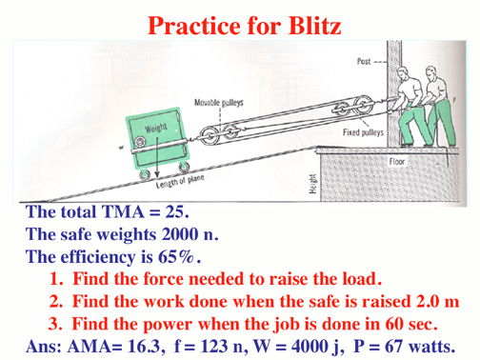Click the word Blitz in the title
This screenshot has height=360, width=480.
click(314, 26)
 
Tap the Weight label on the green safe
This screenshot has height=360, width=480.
click(156, 129)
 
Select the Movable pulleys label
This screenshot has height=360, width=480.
click(219, 103)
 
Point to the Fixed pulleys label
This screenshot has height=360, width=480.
click(363, 132)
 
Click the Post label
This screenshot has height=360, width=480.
click(364, 61)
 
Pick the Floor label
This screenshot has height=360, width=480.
click(397, 162)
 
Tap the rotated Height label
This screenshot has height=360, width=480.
click(312, 184)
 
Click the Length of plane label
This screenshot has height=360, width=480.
click(180, 181)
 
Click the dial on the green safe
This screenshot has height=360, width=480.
click(139, 142)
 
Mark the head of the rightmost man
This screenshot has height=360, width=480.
click(431, 72)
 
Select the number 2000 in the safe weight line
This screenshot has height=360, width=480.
click(180, 234)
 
